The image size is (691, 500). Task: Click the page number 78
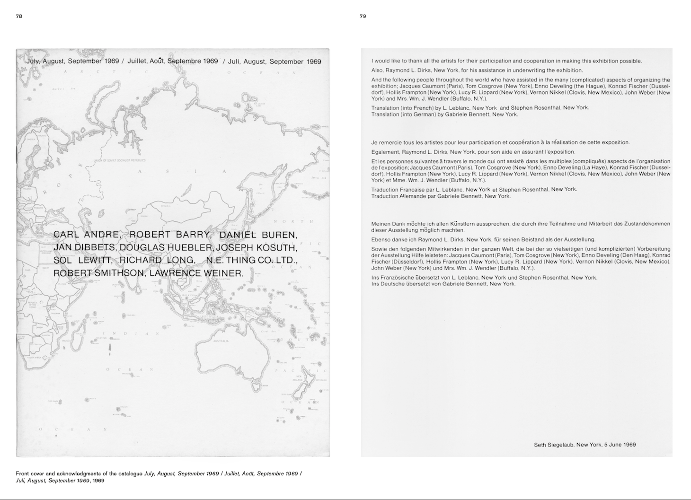pos(19,16)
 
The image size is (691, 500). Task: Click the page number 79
pos(363,16)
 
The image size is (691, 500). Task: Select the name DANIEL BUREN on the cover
pos(258,235)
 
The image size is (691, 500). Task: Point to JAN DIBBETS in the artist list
pos(84,247)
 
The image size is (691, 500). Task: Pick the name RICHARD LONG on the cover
pos(157,260)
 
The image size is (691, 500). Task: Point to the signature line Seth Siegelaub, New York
pos(585,445)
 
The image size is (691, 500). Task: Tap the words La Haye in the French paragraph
pos(594,167)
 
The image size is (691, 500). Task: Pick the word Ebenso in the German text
pos(381,239)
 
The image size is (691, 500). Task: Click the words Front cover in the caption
pos(30,474)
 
